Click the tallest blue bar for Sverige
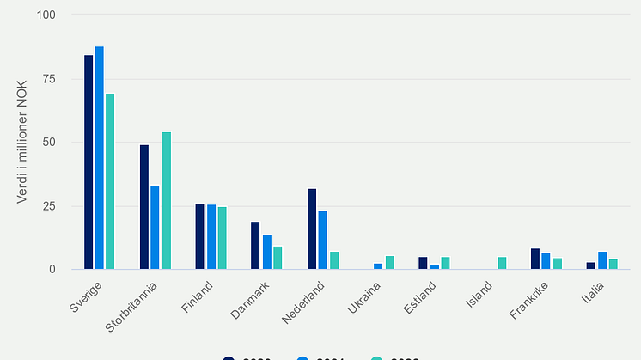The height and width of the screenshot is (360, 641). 100,158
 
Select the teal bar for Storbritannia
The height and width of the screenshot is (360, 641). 167,201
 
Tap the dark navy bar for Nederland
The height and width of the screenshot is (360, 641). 312,229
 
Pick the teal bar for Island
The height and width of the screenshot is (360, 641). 501,263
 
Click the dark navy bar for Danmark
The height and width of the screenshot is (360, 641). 255,246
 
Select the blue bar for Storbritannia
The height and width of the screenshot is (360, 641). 155,228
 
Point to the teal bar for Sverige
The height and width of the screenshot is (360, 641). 110,181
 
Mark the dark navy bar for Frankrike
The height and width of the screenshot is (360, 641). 535,259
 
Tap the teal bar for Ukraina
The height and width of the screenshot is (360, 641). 390,263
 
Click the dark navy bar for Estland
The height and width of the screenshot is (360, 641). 423,263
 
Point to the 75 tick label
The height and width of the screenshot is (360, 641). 49,79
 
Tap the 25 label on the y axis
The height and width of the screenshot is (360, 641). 49,206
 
